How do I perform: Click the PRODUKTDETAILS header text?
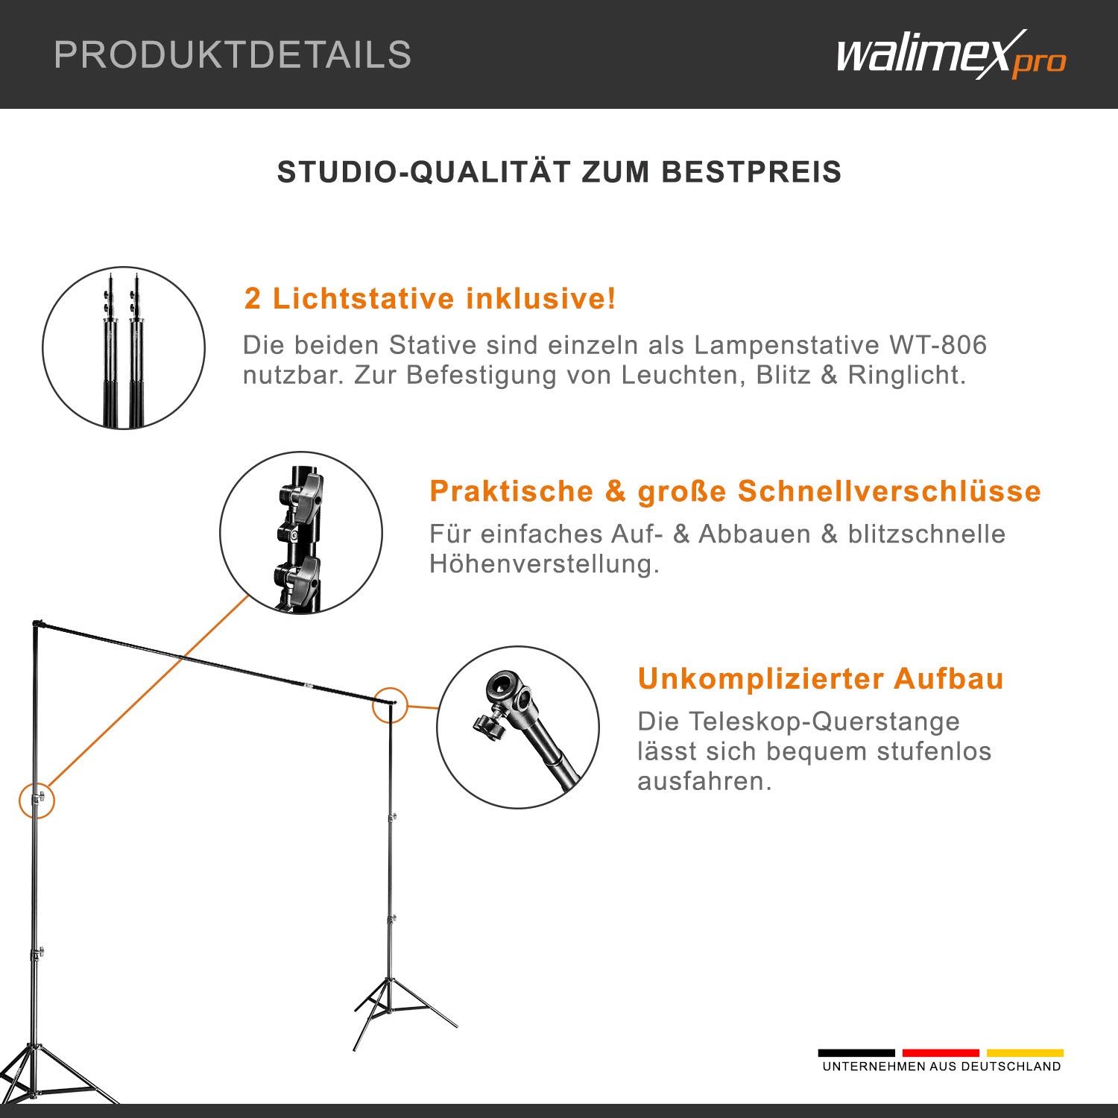tap(233, 55)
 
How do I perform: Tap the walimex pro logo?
tap(950, 55)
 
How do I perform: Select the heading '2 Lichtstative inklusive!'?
tap(430, 299)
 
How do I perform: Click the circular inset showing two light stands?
tap(124, 348)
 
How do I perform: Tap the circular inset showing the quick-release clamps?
tap(301, 533)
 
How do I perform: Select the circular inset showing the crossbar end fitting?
tap(518, 727)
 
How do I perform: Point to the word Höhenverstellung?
tap(544, 564)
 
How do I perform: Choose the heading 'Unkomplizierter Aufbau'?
tap(821, 679)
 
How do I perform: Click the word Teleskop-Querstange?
tap(798, 721)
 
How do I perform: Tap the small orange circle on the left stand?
tap(37, 800)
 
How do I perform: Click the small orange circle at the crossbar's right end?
tap(390, 704)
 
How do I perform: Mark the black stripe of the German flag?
tap(856, 1053)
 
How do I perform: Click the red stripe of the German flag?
tap(941, 1053)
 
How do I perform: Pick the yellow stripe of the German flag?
tap(1025, 1053)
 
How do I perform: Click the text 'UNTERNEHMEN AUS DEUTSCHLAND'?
tap(941, 1067)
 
